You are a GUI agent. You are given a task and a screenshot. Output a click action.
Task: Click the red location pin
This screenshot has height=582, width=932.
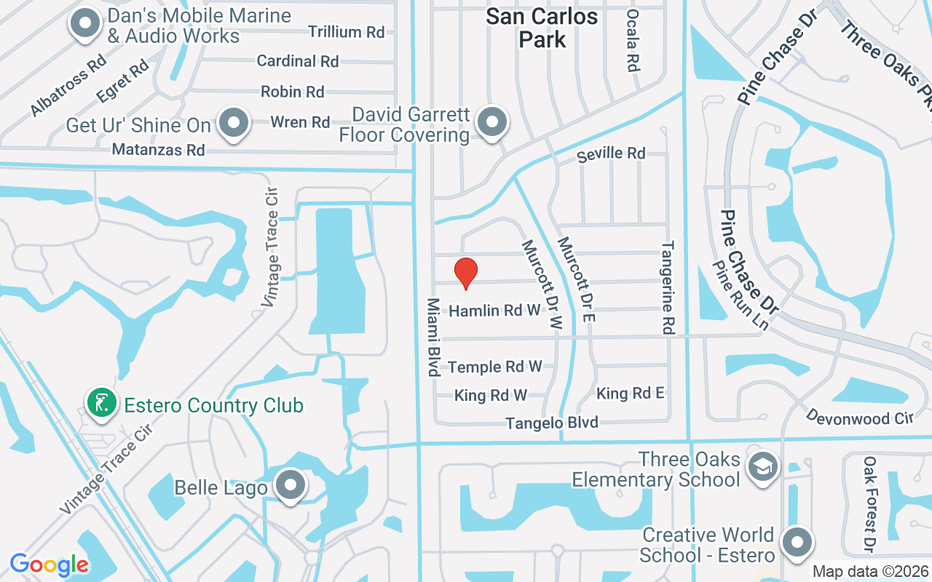click(x=466, y=273)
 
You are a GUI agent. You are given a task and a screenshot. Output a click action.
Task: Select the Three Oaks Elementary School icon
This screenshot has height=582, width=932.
click(x=762, y=466)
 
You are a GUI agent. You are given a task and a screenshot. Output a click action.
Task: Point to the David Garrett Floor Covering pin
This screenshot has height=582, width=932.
click(x=492, y=121)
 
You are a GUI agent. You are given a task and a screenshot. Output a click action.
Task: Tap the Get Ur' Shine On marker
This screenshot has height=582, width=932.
click(x=234, y=123)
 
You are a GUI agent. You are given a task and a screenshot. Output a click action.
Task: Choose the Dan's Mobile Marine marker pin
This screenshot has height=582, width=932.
click(x=85, y=23)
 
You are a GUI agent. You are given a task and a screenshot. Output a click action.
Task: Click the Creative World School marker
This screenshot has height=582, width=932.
click(x=797, y=542)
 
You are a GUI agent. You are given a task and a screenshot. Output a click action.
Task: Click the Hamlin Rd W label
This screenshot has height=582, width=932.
click(x=494, y=311)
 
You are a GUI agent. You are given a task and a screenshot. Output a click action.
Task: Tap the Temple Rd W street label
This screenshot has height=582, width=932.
click(x=495, y=367)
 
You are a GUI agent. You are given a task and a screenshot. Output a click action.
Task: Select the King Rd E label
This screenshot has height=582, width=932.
click(x=630, y=394)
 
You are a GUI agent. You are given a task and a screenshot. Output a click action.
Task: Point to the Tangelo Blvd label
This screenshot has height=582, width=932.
click(x=552, y=423)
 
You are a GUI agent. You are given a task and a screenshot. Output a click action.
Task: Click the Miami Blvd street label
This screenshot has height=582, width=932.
click(x=433, y=337)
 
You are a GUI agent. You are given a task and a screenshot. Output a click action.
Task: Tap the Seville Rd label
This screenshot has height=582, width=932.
click(x=611, y=154)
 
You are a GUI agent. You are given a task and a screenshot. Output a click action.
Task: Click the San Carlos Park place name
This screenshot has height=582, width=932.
click(x=542, y=28)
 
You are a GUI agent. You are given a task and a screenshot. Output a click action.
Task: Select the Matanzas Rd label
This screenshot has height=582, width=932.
click(x=158, y=150)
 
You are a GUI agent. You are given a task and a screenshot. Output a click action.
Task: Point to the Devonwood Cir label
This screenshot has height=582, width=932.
click(x=859, y=417)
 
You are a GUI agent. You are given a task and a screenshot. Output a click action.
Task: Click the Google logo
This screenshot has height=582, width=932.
click(x=49, y=565)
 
